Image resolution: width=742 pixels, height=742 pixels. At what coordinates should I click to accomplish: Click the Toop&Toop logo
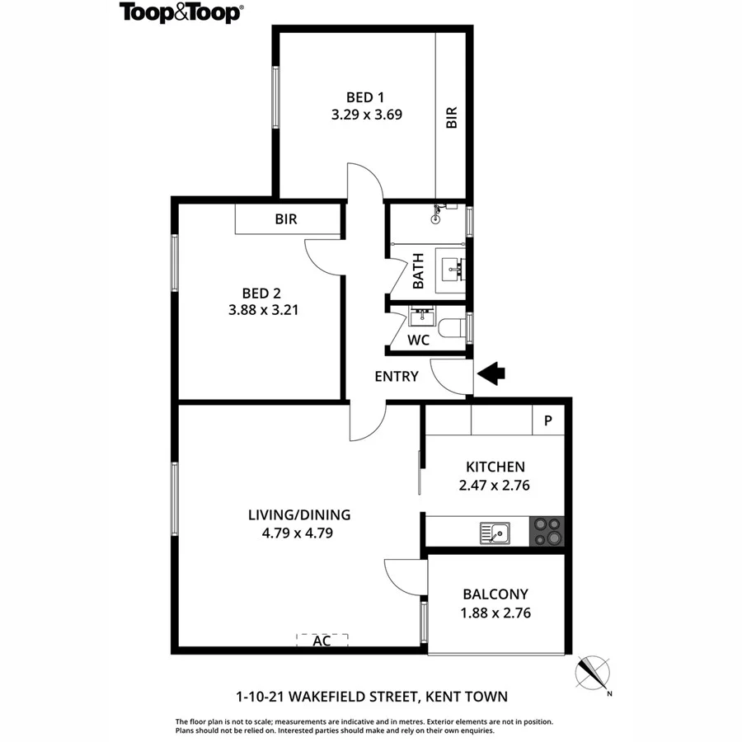[x=181, y=12]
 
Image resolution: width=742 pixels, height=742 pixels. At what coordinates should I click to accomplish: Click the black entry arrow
[x=492, y=375]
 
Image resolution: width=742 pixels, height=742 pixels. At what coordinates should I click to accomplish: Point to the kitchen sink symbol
[x=495, y=533]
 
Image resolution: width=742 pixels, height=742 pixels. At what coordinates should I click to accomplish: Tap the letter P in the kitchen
[x=548, y=421]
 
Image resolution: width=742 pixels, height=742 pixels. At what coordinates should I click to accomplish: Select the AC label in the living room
[x=322, y=641]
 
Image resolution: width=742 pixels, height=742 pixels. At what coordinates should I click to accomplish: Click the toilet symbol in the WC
[x=452, y=328]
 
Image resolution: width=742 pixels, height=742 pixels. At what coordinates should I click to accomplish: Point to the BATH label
[x=418, y=270]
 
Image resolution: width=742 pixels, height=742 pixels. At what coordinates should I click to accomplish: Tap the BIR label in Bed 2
[x=286, y=220]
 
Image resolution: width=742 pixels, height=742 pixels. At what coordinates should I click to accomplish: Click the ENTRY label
[x=397, y=377]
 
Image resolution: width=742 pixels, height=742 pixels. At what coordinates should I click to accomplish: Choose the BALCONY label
[x=495, y=594]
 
